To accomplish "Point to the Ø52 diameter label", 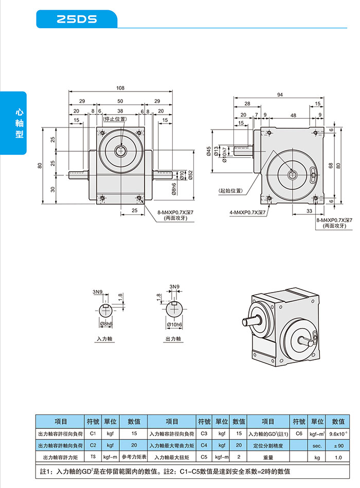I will pyautogui.click(x=190, y=175).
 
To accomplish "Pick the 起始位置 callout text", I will pyautogui.click(x=230, y=190).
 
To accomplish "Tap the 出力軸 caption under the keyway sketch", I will pyautogui.click(x=173, y=339).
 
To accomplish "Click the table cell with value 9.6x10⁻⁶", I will pyautogui.click(x=338, y=434).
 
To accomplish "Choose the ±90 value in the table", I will pyautogui.click(x=338, y=445).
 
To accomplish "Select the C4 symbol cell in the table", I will pyautogui.click(x=204, y=445).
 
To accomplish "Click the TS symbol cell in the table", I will pyautogui.click(x=93, y=457).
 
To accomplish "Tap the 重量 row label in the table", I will pyautogui.click(x=268, y=457).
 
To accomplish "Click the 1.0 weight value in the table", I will pyautogui.click(x=338, y=457).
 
